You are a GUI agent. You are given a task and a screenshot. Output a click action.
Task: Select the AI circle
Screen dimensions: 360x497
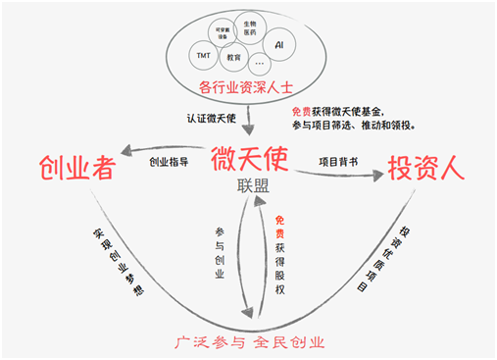coord(279,45)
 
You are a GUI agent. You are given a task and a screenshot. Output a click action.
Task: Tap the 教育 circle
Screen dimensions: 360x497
coord(233,58)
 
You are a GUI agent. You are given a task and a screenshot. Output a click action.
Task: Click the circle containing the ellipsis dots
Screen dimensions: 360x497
coord(260,65)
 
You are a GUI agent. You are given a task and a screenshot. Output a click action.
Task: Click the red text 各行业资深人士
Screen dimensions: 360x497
coord(244,88)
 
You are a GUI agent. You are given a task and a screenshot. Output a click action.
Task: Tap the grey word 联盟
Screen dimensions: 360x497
coord(252,185)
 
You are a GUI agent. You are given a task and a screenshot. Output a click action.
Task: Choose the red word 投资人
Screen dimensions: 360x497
coord(423,168)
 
